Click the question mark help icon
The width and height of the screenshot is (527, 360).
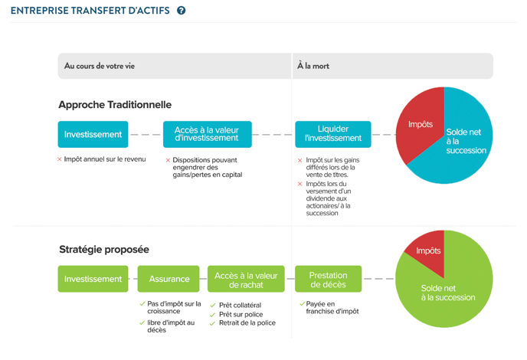[x=181, y=11]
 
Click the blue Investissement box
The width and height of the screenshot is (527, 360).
[x=93, y=135]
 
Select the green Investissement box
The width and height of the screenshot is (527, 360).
[x=93, y=279]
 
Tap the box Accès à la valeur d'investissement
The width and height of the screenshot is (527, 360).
[x=208, y=135]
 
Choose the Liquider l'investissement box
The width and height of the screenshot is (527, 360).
[x=333, y=135]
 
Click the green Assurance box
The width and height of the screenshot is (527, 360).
[x=169, y=279]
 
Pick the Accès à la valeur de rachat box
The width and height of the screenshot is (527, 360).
[x=246, y=279]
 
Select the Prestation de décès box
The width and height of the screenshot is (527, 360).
[x=329, y=279]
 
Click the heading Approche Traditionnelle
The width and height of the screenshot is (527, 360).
[x=115, y=105]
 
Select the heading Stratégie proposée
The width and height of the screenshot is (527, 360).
[x=104, y=250]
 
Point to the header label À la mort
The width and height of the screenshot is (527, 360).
[x=313, y=66]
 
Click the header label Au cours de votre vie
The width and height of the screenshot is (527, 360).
[x=100, y=66]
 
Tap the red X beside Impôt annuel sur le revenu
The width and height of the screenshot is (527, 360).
[x=60, y=159]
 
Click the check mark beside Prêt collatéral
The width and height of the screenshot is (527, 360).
[x=212, y=306]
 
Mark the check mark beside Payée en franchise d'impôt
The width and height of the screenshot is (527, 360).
[x=302, y=304]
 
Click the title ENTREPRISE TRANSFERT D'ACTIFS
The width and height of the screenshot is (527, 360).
[x=90, y=11]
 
